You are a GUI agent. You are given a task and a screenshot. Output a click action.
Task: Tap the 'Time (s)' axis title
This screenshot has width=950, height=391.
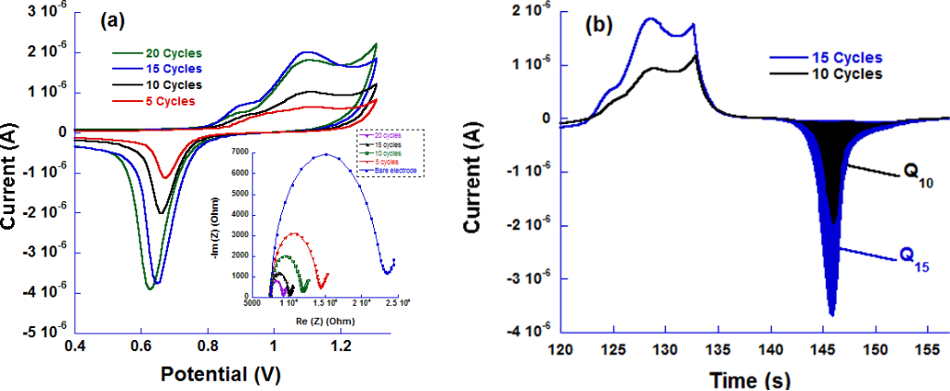[x=737, y=379]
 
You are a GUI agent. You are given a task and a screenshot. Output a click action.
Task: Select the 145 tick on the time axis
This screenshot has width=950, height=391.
[x=834, y=351]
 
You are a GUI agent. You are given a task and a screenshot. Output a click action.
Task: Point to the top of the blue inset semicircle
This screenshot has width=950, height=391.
[x=326, y=155]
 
